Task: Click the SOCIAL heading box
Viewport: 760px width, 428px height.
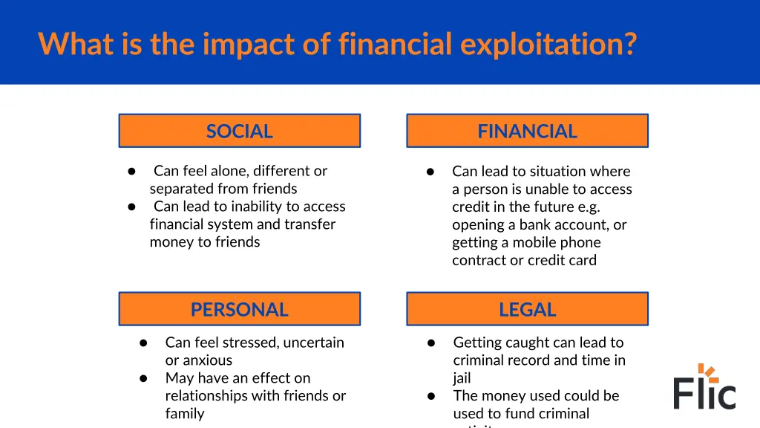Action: [239, 131]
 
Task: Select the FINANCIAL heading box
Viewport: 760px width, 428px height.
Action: [527, 131]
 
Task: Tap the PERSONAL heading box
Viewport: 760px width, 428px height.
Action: [239, 309]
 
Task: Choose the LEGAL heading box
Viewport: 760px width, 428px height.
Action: [527, 309]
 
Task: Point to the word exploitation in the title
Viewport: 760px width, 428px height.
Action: [548, 44]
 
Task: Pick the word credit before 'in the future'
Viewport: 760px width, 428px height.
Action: [471, 207]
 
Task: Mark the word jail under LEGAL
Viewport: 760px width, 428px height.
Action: [462, 378]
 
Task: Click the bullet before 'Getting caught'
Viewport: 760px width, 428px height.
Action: [430, 343]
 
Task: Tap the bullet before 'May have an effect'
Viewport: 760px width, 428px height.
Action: [144, 378]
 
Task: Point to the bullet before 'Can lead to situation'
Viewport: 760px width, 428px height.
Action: [430, 172]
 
